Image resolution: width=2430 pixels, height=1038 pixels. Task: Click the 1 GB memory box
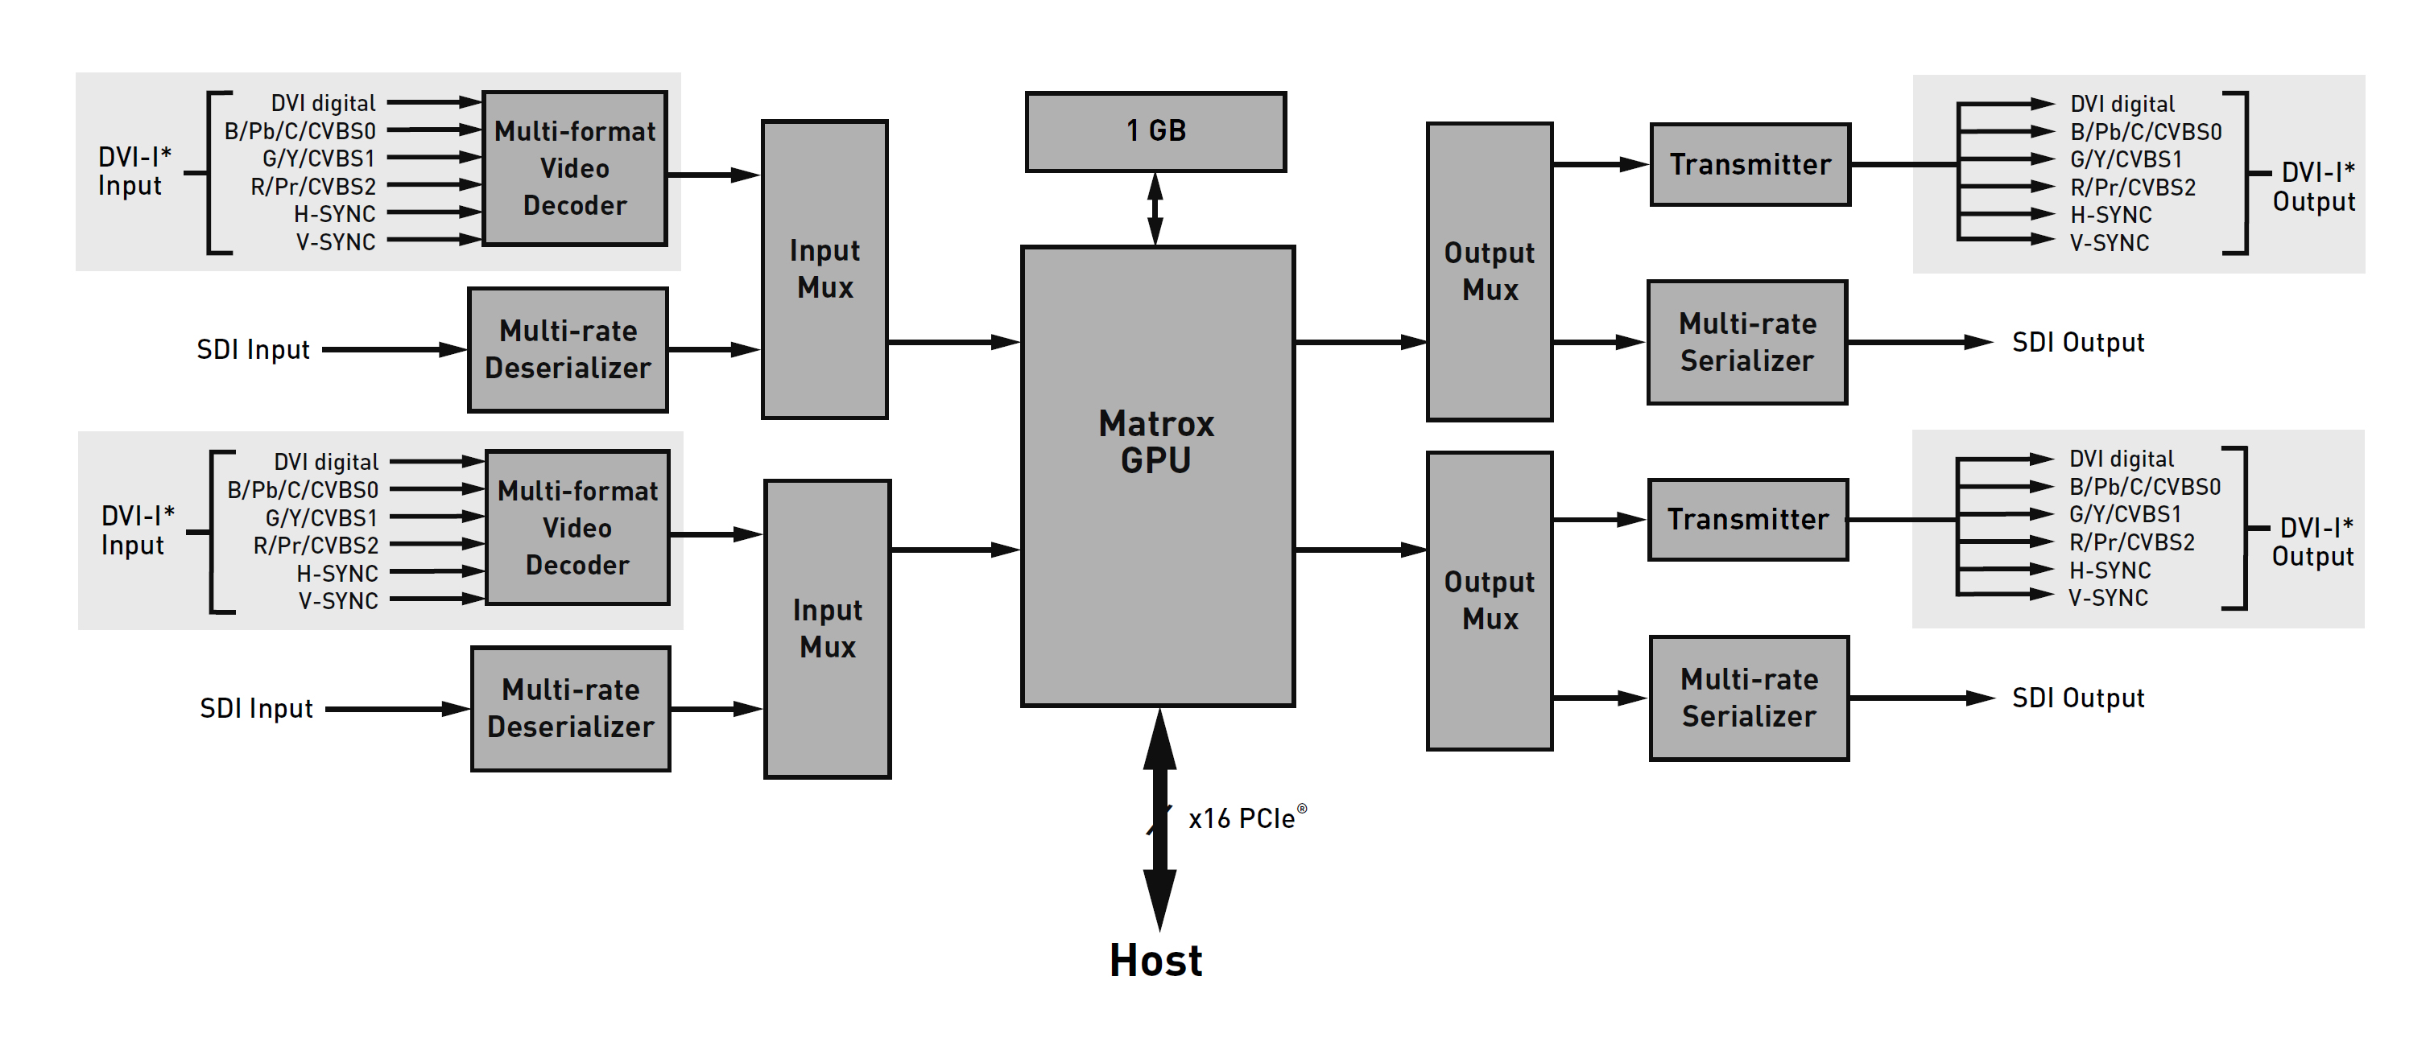pos(1155,131)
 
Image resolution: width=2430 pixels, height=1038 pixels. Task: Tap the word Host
pos(1155,961)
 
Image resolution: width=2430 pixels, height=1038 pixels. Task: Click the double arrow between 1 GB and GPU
pos(1155,208)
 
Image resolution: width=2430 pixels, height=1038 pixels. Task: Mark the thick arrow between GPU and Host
pos(1159,820)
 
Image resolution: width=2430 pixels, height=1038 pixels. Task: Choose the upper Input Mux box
pos(824,269)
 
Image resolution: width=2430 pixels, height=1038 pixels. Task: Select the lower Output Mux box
pos(1490,600)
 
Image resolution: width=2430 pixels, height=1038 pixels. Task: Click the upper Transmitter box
pos(1750,164)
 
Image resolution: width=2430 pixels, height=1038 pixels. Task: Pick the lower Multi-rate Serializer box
pos(1749,698)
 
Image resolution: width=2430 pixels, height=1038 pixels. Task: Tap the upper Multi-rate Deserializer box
pos(568,350)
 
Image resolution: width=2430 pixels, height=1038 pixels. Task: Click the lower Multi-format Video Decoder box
pos(577,528)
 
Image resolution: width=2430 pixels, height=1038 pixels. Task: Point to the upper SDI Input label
pos(253,350)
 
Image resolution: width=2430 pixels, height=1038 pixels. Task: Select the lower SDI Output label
pos(2078,698)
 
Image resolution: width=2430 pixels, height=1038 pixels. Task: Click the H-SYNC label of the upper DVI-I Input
pos(335,214)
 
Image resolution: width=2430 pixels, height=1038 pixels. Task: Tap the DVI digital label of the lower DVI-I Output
pos(2121,459)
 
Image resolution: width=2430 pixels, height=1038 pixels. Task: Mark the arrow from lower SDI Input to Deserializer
pos(396,709)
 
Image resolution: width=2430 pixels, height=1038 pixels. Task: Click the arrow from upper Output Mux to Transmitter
pos(1600,164)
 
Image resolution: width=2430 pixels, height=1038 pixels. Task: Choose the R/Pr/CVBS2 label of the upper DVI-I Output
pos(2132,187)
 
